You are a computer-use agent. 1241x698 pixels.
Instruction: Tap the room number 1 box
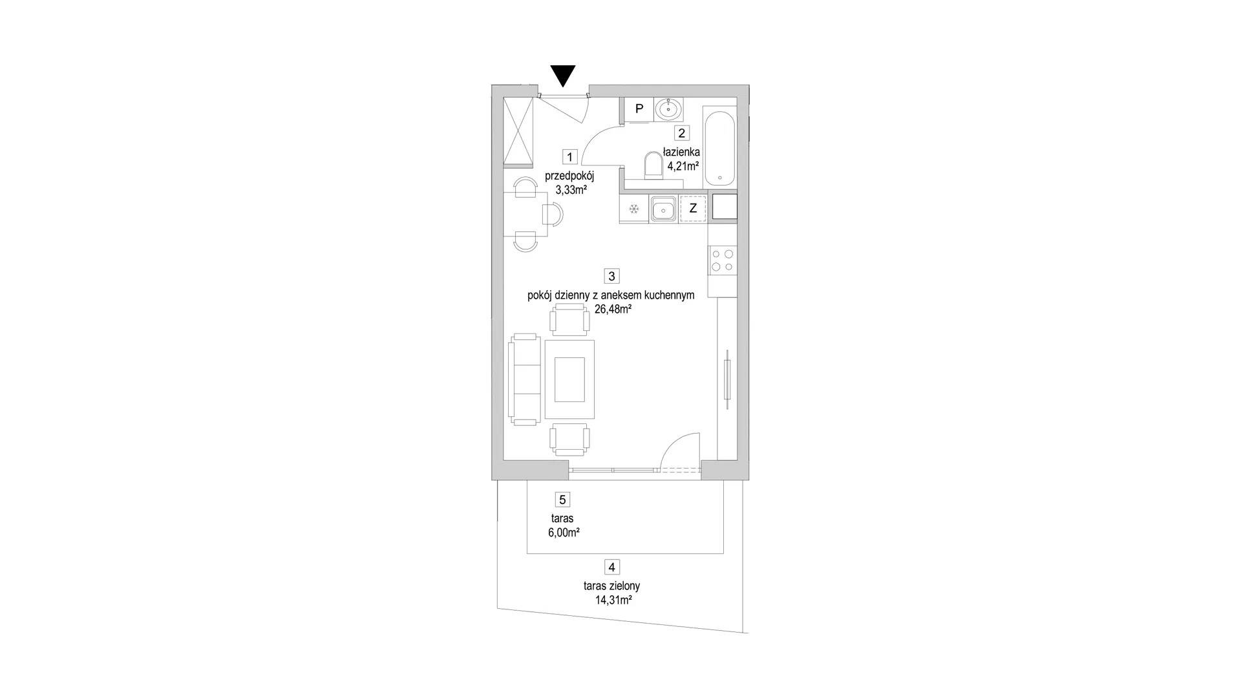click(569, 157)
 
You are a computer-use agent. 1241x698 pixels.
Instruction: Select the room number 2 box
click(681, 133)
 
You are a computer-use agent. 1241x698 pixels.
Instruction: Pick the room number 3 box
click(611, 276)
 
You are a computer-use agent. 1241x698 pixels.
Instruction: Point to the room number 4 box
click(611, 567)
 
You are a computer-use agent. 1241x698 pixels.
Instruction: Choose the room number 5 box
click(562, 500)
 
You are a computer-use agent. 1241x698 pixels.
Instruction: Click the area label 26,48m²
click(613, 310)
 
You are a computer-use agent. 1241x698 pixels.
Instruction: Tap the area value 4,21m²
click(683, 166)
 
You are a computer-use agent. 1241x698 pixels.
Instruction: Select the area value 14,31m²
click(613, 600)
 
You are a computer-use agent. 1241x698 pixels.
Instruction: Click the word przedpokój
click(569, 176)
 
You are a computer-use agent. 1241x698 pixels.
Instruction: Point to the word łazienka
click(681, 153)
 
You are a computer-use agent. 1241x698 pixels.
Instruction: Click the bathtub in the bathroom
click(719, 149)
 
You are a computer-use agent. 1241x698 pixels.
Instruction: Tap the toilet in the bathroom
click(653, 165)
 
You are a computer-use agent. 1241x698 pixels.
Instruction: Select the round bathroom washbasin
click(668, 109)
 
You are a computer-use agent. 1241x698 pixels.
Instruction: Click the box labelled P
click(639, 109)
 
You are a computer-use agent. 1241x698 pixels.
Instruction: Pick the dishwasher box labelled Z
click(693, 209)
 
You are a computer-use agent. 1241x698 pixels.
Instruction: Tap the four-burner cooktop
click(723, 260)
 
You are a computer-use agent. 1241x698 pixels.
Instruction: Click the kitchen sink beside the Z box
click(664, 209)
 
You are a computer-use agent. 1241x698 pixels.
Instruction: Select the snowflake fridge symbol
click(633, 209)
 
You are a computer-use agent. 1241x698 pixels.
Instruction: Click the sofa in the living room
click(525, 379)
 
